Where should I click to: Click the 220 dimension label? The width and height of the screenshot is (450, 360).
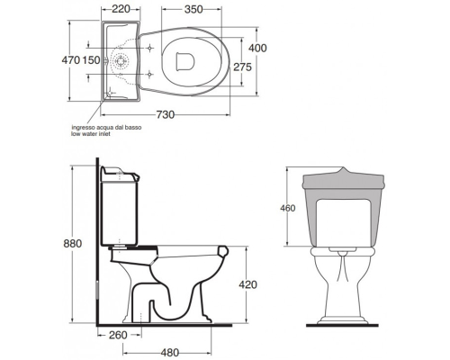(x=121, y=9)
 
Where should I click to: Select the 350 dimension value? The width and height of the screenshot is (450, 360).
(x=193, y=10)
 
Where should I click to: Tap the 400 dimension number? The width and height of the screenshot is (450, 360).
(x=257, y=48)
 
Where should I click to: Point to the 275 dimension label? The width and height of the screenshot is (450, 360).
(x=242, y=67)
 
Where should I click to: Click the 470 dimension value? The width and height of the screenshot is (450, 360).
(x=71, y=60)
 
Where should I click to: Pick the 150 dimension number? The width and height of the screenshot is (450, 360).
(x=91, y=60)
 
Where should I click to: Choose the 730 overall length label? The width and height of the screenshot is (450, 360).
(x=165, y=114)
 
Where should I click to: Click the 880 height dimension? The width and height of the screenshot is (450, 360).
(x=73, y=243)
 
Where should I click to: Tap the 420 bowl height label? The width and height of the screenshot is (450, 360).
(x=247, y=284)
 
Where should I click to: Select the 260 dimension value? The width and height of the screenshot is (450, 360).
(x=118, y=335)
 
